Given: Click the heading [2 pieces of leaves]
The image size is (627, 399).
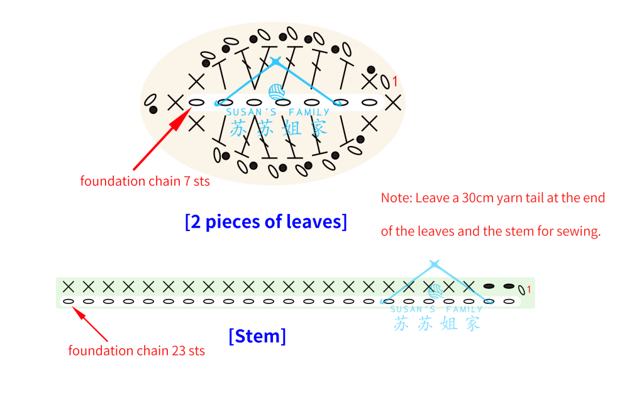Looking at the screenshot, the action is (266, 222).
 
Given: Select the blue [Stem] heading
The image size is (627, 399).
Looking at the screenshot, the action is (257, 336).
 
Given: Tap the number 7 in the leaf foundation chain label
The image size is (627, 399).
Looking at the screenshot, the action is (187, 181).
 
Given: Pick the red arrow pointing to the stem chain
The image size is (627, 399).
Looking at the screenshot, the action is (90, 324).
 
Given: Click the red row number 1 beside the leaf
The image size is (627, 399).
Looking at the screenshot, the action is (395, 82).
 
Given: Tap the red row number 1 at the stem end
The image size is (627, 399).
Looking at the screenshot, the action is (529, 289).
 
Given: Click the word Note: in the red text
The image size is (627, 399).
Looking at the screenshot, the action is (396, 198).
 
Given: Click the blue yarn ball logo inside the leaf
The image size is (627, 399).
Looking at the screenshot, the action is (276, 92).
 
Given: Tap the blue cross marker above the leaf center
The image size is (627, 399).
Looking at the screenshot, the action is (276, 61).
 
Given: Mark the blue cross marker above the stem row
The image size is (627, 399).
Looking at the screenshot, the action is (435, 264).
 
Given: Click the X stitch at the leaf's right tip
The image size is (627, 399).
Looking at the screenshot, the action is (394, 103).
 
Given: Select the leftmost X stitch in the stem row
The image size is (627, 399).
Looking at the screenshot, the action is (69, 286).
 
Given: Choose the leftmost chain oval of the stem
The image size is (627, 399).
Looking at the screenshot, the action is (69, 301).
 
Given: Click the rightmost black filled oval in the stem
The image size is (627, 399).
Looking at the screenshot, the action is (509, 286).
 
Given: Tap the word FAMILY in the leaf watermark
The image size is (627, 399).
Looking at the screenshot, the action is (309, 113).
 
